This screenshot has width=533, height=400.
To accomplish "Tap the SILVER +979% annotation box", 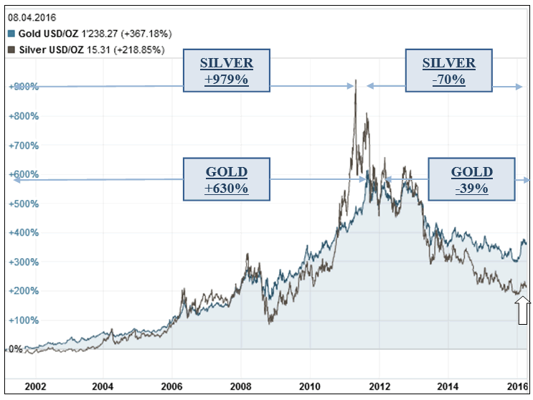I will tap(226, 71).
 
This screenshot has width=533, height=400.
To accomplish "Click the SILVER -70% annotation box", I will tap(449, 71).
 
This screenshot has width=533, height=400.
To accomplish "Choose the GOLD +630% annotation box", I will tap(227, 180).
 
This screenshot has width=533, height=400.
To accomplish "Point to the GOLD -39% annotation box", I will tap(472, 180).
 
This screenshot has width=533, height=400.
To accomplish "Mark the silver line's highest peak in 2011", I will tap(355, 81).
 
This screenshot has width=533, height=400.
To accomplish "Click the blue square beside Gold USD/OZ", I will tap(11, 34).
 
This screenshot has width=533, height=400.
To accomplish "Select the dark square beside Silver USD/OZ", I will tap(11, 50).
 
